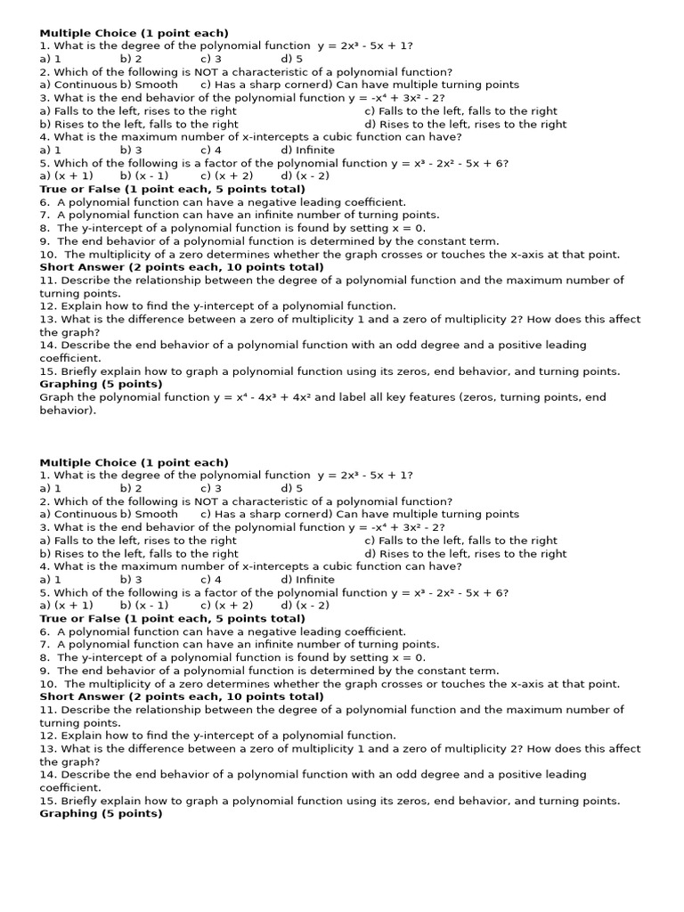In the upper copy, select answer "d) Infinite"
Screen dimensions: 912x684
coord(307,150)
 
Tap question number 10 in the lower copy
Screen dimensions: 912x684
coord(48,684)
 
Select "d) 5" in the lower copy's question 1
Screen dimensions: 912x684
coord(292,488)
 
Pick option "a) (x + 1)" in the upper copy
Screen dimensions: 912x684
coord(66,175)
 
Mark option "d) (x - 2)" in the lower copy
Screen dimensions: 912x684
coord(305,605)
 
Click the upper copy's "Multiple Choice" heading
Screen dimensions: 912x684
coord(134,33)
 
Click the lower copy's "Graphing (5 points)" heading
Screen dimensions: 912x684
coord(101,813)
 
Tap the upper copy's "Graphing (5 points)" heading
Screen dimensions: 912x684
coord(101,384)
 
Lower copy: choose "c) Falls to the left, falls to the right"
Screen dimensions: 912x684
coord(460,540)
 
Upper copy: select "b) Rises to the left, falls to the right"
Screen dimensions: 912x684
coord(139,124)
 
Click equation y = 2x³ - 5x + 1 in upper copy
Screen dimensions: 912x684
coord(364,45)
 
